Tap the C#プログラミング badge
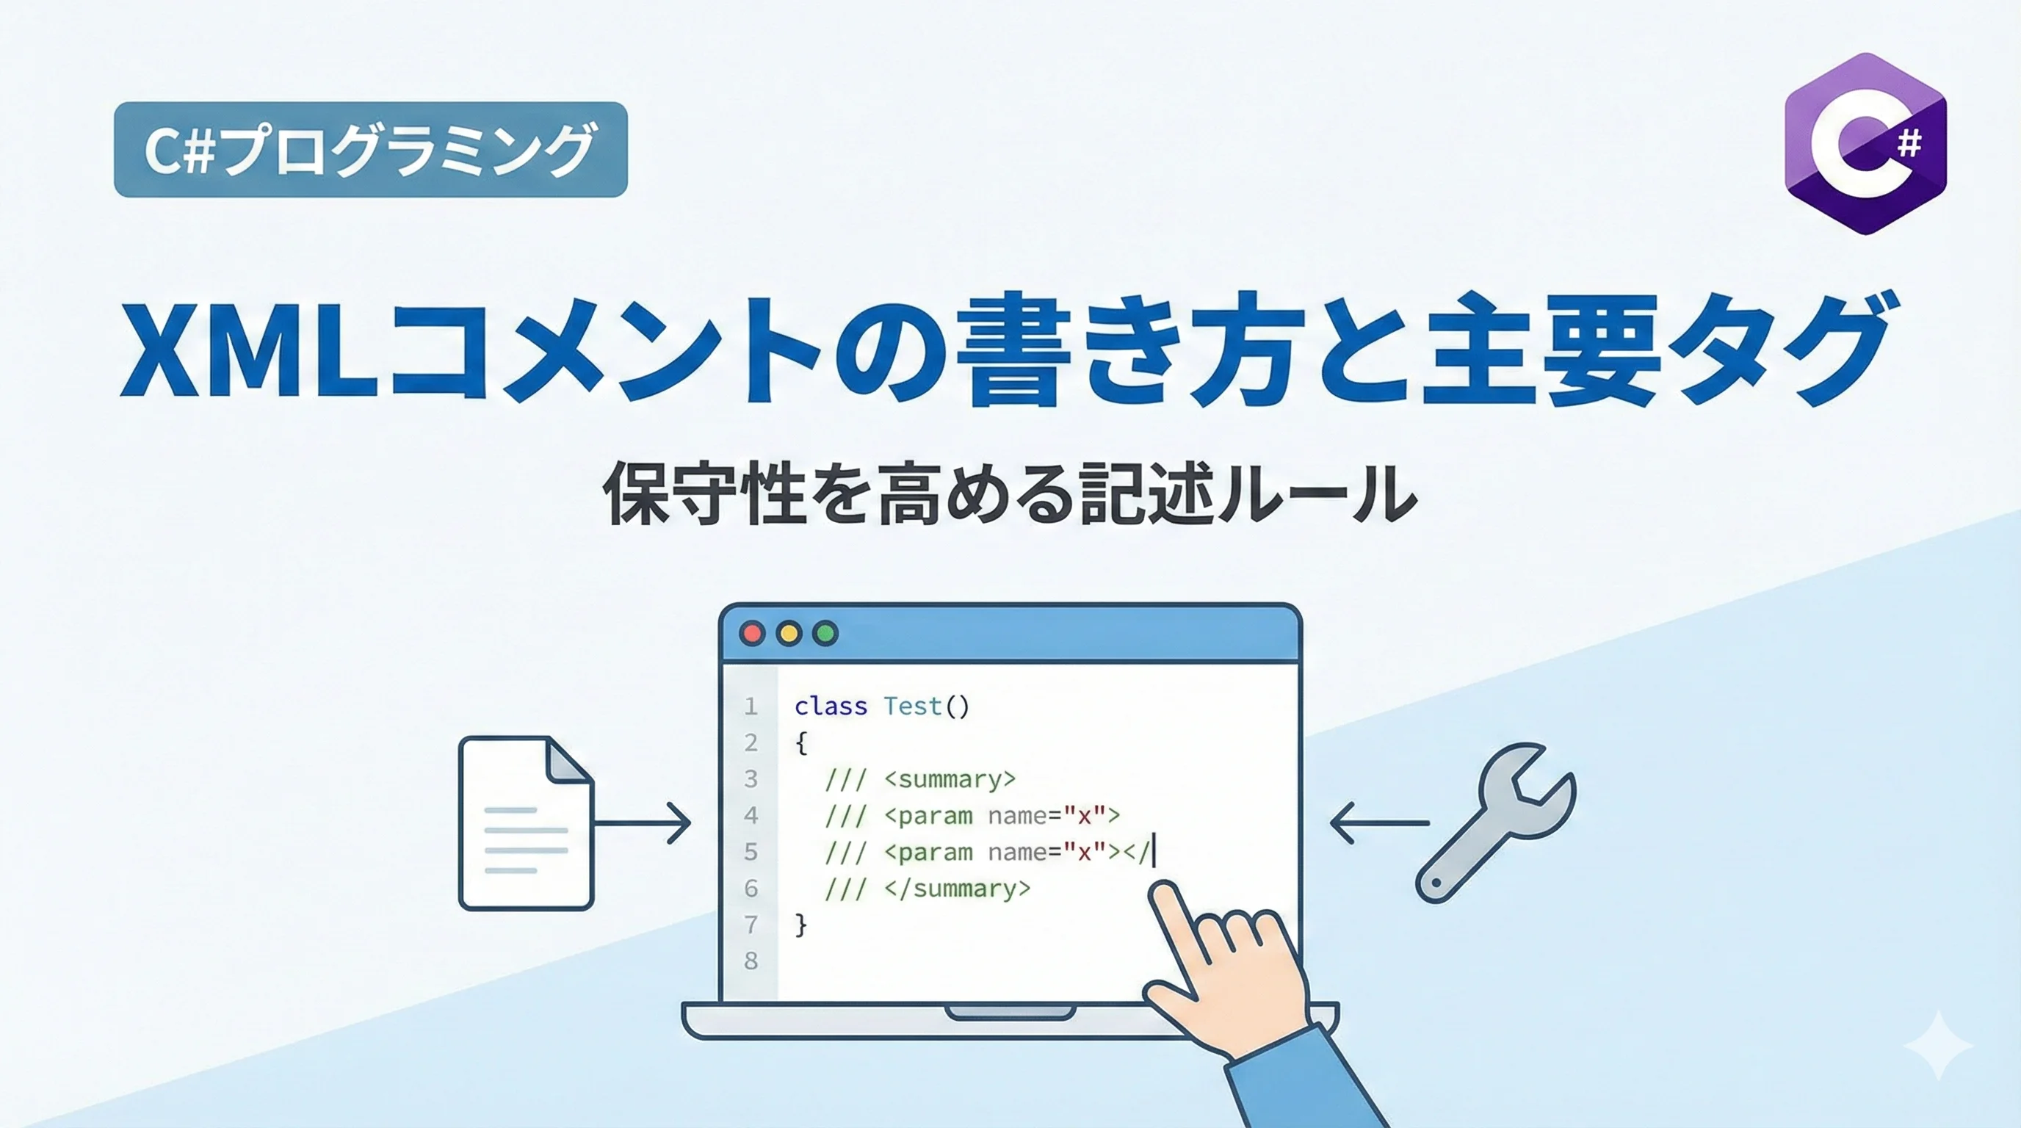click(x=370, y=149)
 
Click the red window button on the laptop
click(x=753, y=633)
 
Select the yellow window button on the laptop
click(x=789, y=633)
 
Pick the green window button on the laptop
click(x=825, y=633)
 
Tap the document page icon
click(x=526, y=822)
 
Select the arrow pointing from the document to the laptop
click(x=642, y=822)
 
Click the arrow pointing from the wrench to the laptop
click(x=1379, y=822)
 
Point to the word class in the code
click(x=831, y=706)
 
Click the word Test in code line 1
click(x=912, y=706)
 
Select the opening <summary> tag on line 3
click(x=950, y=779)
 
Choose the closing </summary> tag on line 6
click(x=957, y=888)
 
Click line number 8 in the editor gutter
click(x=751, y=960)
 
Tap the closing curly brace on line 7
click(x=800, y=925)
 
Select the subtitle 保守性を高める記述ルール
click(x=1010, y=493)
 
